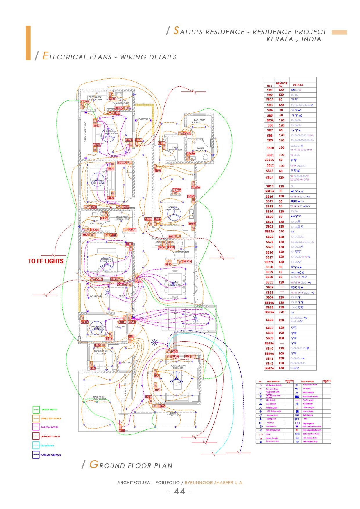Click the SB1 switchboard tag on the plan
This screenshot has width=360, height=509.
(121, 431)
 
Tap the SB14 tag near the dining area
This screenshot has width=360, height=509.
(138, 281)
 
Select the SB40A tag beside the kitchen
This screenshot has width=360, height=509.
(196, 187)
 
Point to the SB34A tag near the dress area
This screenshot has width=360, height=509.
(85, 102)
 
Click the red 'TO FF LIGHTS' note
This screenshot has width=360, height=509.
(46, 261)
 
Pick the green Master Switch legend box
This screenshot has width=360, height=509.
(36, 409)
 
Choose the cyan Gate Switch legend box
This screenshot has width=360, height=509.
(36, 445)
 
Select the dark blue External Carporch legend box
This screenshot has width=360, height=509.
(36, 455)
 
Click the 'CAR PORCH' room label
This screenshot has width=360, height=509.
(99, 397)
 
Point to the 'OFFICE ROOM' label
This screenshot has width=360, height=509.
(100, 351)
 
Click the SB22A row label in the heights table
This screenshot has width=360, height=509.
(269, 232)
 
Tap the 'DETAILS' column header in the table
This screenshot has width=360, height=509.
(298, 85)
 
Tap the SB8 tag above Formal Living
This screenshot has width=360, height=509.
(174, 351)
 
